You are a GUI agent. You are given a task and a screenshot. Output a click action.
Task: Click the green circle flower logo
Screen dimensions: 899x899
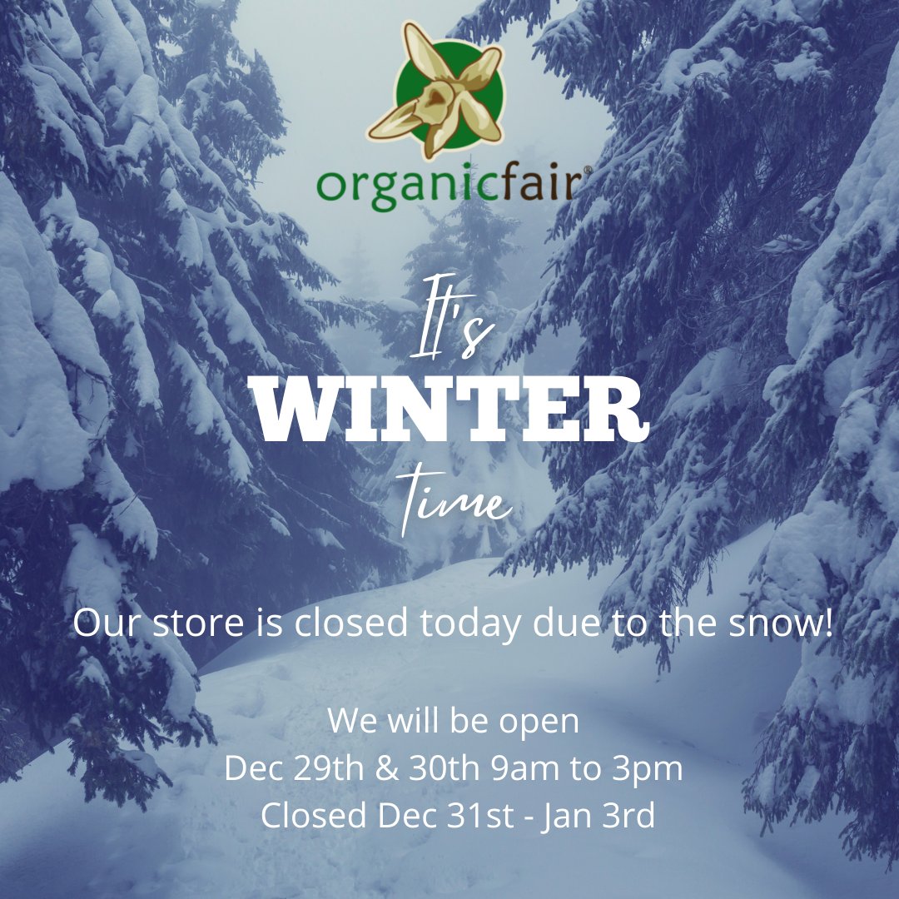(x=435, y=92)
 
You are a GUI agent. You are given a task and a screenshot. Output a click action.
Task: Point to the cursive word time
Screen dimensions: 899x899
(x=454, y=501)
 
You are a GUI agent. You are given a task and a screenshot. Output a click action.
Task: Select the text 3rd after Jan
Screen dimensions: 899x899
(x=626, y=817)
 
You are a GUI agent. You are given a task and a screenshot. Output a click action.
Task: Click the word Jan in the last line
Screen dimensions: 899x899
(x=565, y=817)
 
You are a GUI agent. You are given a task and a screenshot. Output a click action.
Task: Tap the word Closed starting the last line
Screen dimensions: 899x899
(x=315, y=817)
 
